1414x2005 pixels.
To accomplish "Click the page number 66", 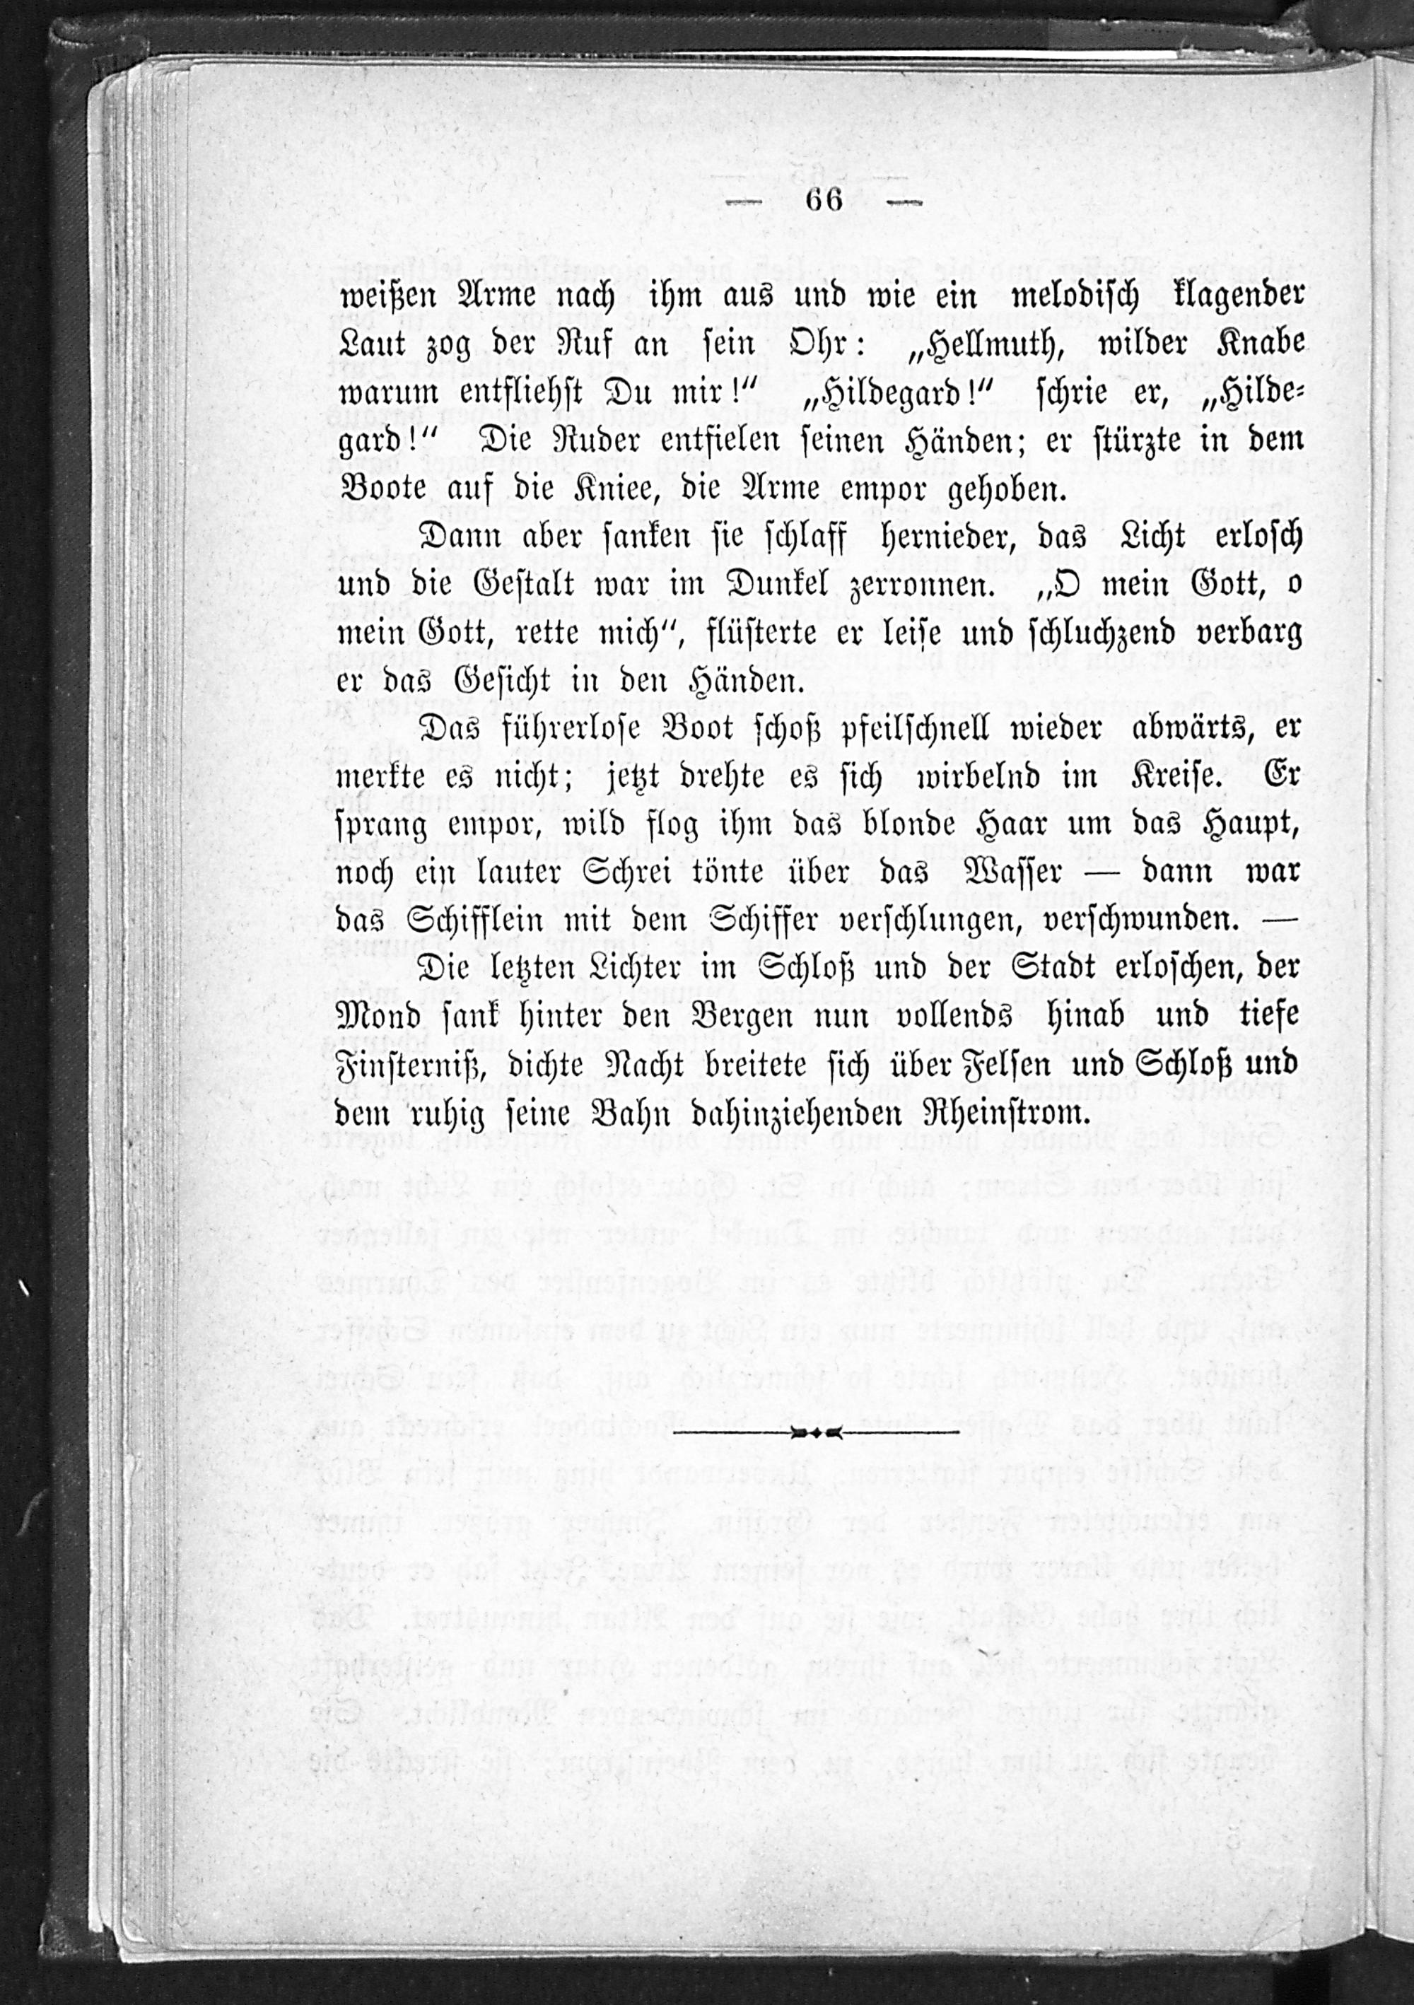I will tap(824, 200).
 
